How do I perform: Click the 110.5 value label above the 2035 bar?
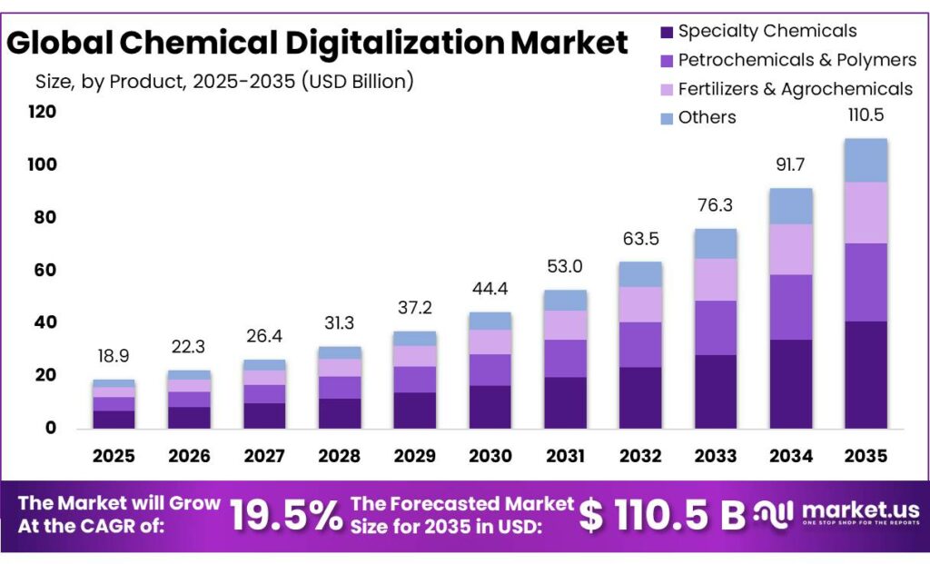866,115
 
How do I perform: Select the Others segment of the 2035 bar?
866,160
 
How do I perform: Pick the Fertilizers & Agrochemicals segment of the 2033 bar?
716,279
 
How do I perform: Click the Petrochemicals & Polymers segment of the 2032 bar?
640,344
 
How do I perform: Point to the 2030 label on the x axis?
490,456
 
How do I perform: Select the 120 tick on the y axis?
42,113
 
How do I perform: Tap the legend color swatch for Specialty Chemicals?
667,32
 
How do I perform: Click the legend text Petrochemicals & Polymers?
797,60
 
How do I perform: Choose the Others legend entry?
707,117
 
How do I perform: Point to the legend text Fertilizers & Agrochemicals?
795,89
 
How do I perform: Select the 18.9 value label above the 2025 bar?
114,355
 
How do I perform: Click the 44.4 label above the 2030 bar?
490,289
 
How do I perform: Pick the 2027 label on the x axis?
264,456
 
